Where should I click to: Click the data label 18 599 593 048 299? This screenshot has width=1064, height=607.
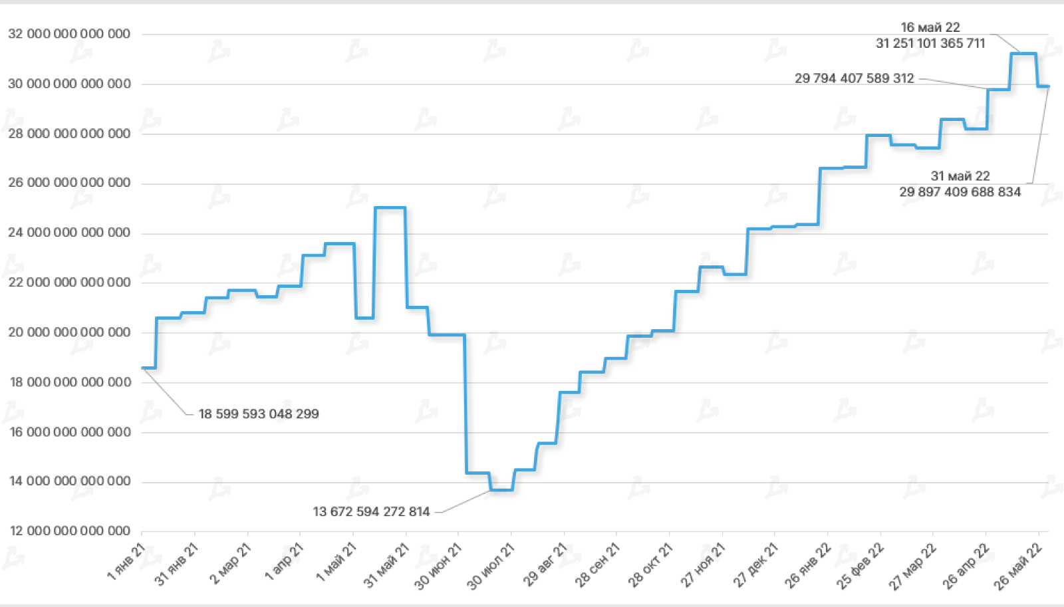[x=259, y=414]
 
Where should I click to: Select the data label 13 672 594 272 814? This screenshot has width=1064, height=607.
[x=371, y=512]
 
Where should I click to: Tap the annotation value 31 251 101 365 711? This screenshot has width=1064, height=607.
[x=930, y=43]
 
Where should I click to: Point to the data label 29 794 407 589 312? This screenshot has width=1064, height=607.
[x=855, y=78]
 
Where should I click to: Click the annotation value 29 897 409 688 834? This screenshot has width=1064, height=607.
[x=960, y=192]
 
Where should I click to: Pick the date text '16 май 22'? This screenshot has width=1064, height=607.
[x=930, y=27]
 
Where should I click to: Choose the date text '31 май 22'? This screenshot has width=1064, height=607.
[x=960, y=176]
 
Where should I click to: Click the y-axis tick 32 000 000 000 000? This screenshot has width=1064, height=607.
[x=69, y=34]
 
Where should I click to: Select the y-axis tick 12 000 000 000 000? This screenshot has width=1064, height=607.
[x=69, y=531]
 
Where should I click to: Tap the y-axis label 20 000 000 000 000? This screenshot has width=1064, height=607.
[x=69, y=332]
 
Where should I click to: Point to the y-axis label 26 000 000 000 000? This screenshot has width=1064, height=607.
[x=69, y=183]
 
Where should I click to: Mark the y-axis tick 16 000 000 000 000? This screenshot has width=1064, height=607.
[x=69, y=432]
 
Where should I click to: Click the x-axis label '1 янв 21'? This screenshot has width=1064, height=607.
[x=127, y=562]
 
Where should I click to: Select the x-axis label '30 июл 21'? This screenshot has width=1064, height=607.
[x=491, y=566]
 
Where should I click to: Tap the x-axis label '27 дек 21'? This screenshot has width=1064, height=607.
[x=756, y=565]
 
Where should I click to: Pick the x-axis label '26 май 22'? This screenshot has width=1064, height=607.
[x=1018, y=566]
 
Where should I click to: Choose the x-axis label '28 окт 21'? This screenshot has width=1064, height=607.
[x=651, y=565]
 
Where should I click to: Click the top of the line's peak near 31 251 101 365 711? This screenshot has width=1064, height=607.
[x=1023, y=53]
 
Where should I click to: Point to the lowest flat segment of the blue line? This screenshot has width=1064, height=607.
[x=501, y=490]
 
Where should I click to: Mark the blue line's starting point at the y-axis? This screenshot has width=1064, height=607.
[x=143, y=368]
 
